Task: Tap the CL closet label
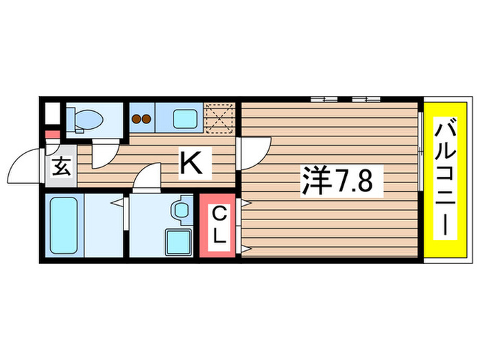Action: point(219,225)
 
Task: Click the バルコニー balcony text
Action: point(446,178)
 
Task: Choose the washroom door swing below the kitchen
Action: point(145,180)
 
